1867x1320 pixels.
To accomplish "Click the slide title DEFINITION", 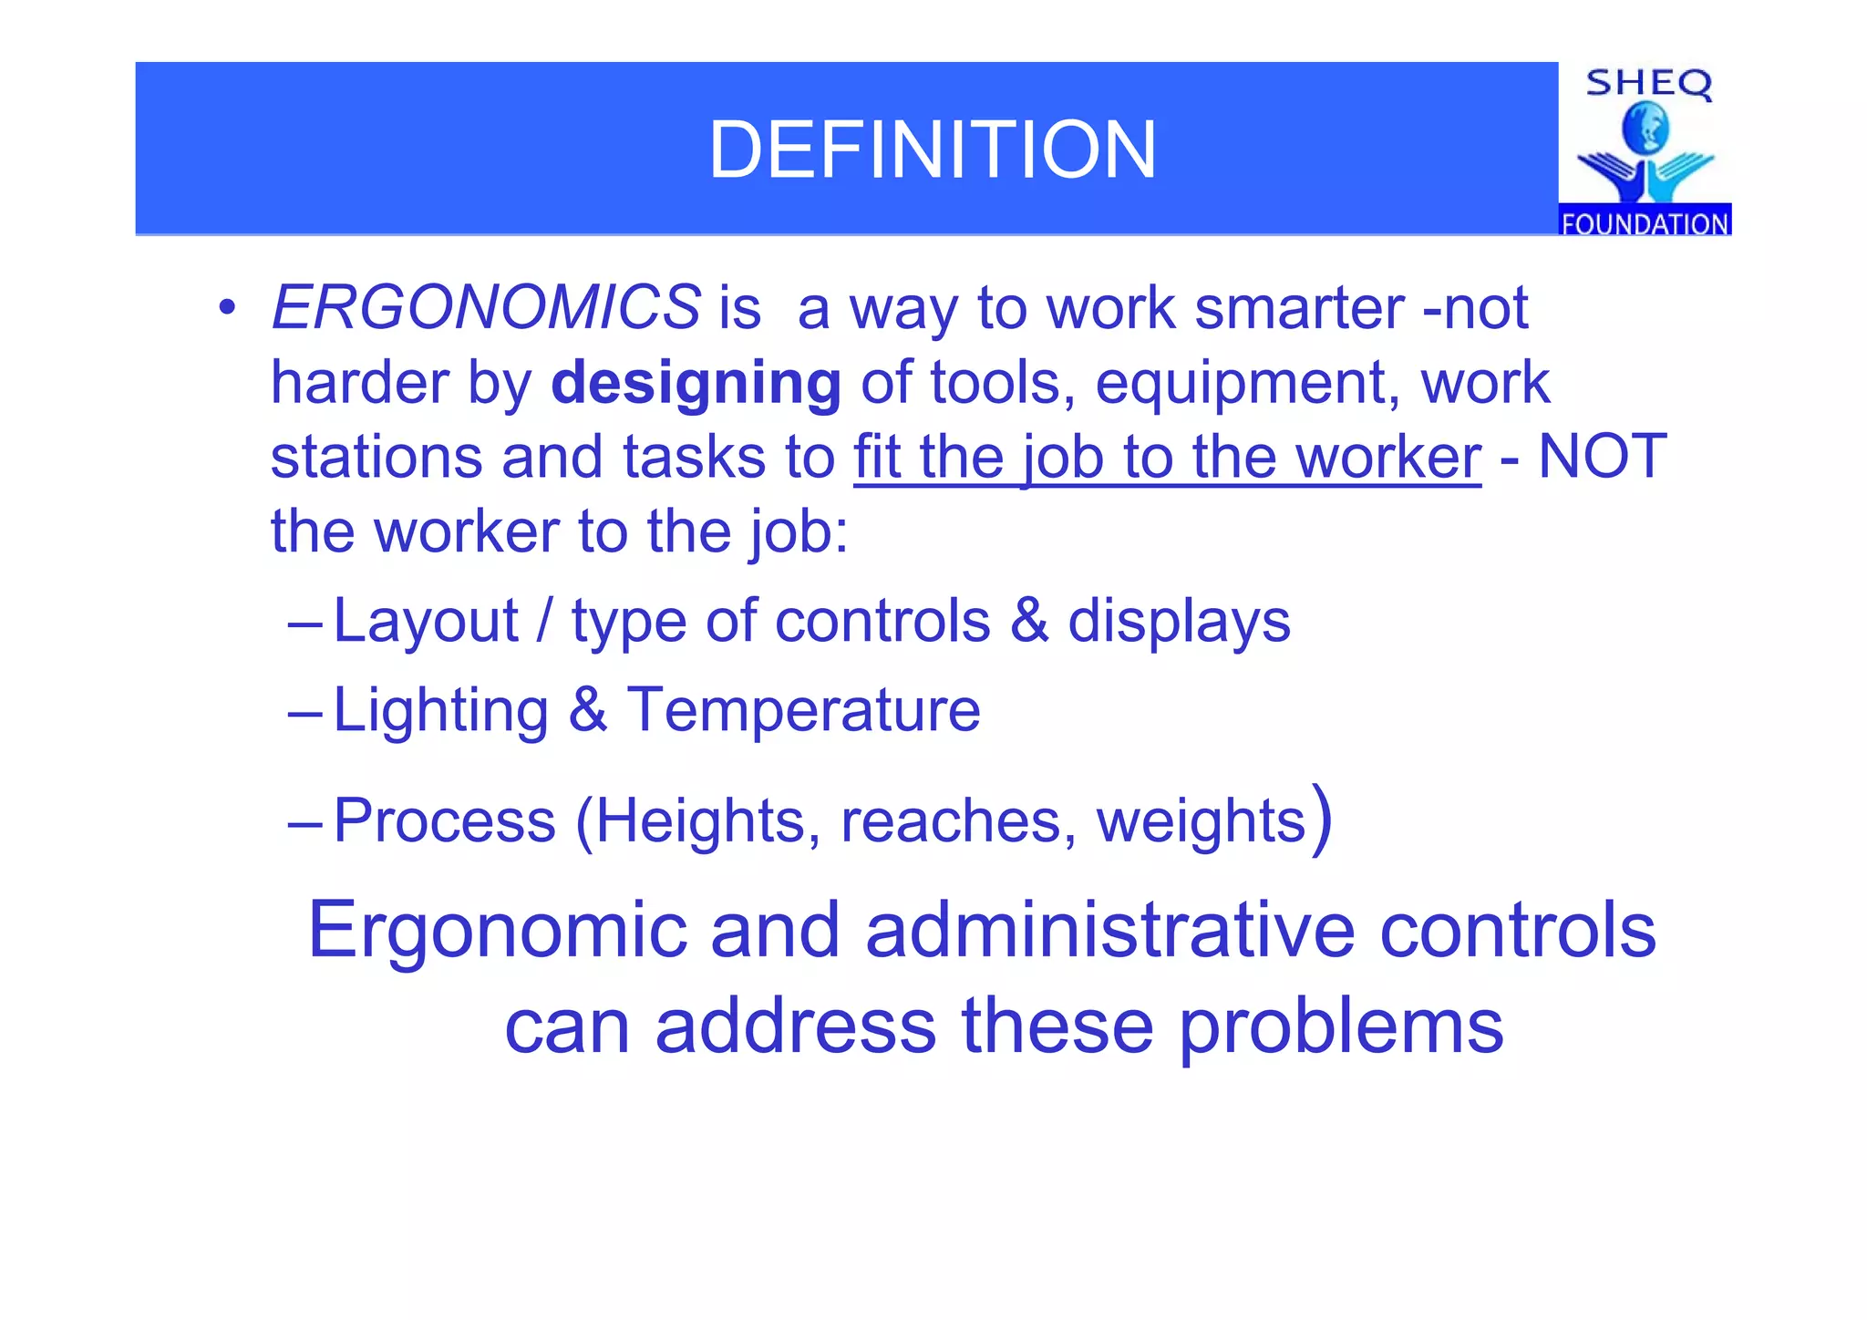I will click(x=932, y=150).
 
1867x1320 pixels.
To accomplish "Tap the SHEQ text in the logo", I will click(x=1648, y=84).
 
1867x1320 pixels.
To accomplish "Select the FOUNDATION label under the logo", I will click(x=1645, y=223).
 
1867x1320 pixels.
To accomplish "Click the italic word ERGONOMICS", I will click(x=486, y=308).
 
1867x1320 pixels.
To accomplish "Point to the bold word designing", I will click(x=696, y=383).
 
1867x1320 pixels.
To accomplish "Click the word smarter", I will click(x=1298, y=308).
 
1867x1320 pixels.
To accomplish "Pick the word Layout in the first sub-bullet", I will click(x=426, y=622).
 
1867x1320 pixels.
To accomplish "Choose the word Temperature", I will click(x=803, y=710).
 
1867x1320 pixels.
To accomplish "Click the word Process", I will click(x=444, y=820).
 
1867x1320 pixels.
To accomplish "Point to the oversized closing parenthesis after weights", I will click(x=1322, y=819).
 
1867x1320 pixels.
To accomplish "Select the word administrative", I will click(x=1109, y=930).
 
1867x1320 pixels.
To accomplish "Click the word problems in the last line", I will click(x=1340, y=1027).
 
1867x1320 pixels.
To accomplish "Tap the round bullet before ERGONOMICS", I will click(x=227, y=307).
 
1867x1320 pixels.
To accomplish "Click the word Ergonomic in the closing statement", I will click(x=498, y=932).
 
